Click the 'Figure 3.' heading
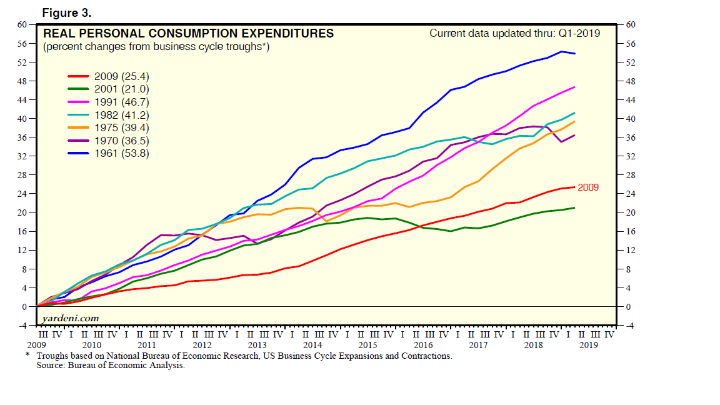pos(67,12)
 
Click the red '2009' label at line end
pos(588,187)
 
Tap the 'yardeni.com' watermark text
pos(71,318)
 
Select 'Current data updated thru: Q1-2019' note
pos(514,33)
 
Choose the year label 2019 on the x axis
pos(587,344)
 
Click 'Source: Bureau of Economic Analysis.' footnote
pos(111,365)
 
